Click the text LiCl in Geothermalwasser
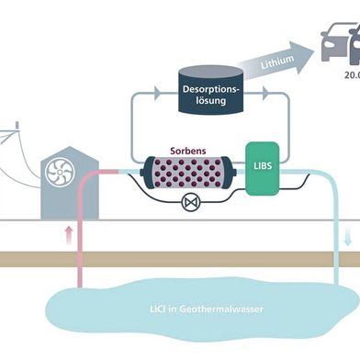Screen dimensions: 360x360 204,309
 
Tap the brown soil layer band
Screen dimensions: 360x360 184,259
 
